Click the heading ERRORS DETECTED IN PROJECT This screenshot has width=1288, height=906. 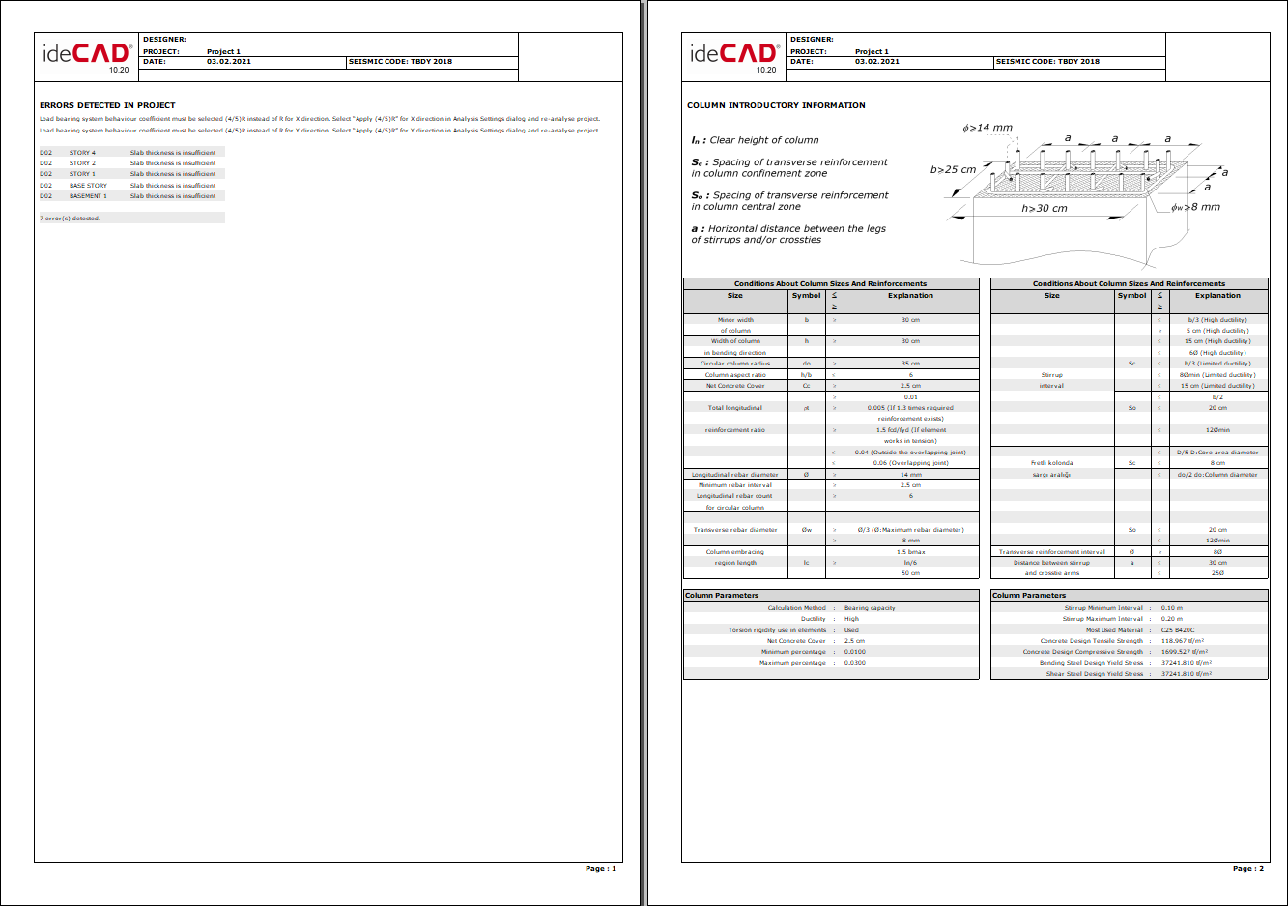click(x=107, y=105)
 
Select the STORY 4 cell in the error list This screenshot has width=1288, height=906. click(x=82, y=153)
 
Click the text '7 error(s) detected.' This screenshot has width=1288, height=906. click(x=70, y=219)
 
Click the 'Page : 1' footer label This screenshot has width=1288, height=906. click(x=600, y=868)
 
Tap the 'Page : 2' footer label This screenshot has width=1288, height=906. click(x=1247, y=868)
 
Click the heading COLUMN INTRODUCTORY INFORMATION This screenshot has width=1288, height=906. click(x=776, y=105)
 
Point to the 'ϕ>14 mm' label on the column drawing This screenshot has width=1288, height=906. click(x=987, y=128)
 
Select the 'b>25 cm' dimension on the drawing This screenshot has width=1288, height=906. click(x=953, y=170)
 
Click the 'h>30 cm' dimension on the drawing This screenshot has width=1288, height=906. click(x=1045, y=208)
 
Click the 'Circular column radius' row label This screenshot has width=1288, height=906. click(x=735, y=364)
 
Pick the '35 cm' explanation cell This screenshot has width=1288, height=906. click(x=910, y=364)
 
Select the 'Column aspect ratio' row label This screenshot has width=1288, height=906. click(x=735, y=375)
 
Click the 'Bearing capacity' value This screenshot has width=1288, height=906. click(x=870, y=608)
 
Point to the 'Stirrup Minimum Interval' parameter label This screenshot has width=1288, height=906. click(x=1102, y=608)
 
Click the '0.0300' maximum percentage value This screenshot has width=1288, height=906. click(x=854, y=663)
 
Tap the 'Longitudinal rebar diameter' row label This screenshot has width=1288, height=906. click(x=735, y=475)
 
